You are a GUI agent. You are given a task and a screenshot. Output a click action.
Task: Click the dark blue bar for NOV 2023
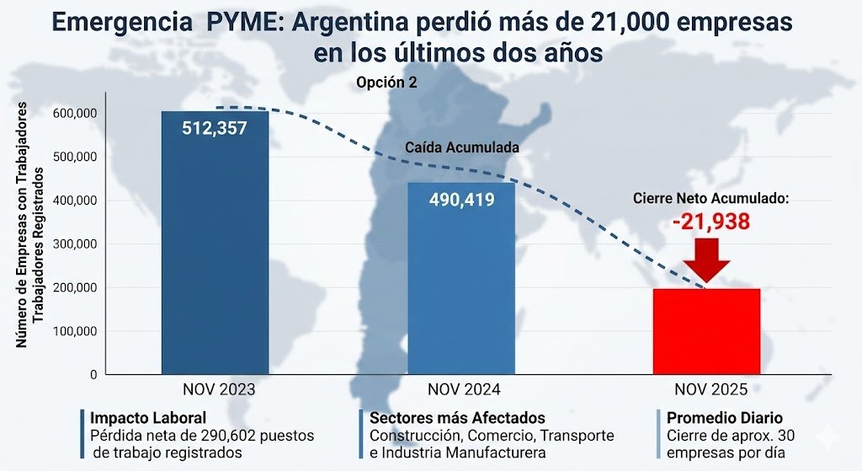coord(215,253)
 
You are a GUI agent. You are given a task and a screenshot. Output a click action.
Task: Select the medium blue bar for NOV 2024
coord(461,286)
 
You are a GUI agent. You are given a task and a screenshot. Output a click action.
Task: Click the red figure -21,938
coord(710,222)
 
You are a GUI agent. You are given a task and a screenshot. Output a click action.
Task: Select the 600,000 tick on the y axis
coord(75,113)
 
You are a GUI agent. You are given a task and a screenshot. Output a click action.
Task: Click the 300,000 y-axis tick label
coord(75,244)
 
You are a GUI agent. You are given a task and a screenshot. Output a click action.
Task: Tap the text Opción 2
coord(386,83)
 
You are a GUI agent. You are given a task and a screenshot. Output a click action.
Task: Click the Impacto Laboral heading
coord(148,418)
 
